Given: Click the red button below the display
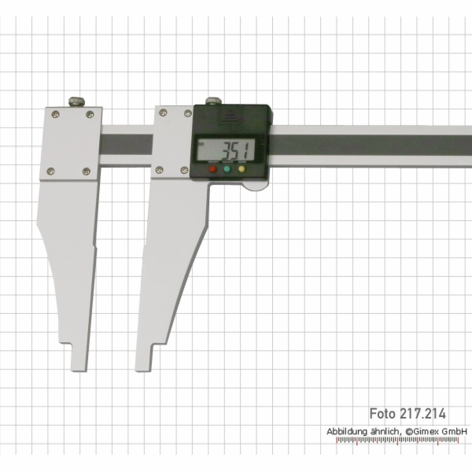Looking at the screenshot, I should point(212,169).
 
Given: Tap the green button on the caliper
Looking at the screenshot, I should point(227,169).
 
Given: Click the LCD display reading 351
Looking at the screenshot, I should point(227,149).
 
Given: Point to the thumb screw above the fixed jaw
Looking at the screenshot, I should point(76,101).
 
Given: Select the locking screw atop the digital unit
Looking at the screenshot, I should point(214,101).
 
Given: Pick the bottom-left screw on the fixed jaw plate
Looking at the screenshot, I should point(51,171).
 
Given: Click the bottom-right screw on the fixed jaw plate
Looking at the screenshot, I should point(87,171).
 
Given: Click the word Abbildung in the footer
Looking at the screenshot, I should point(348,432).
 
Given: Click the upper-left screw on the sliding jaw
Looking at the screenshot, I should point(162,114).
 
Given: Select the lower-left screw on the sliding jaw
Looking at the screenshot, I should point(160,168).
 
